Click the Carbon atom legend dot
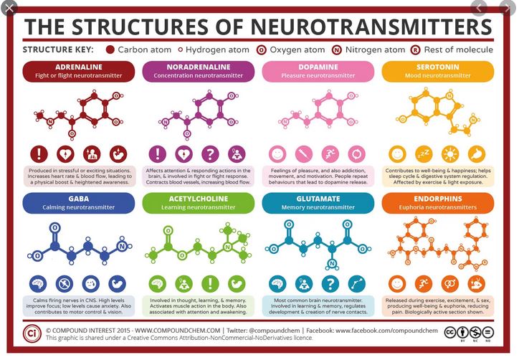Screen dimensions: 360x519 110,50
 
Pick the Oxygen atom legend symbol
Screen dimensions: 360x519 263,50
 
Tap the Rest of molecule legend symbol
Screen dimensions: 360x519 415,50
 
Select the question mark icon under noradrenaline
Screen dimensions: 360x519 210,153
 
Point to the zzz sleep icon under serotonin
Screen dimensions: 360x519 423,153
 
